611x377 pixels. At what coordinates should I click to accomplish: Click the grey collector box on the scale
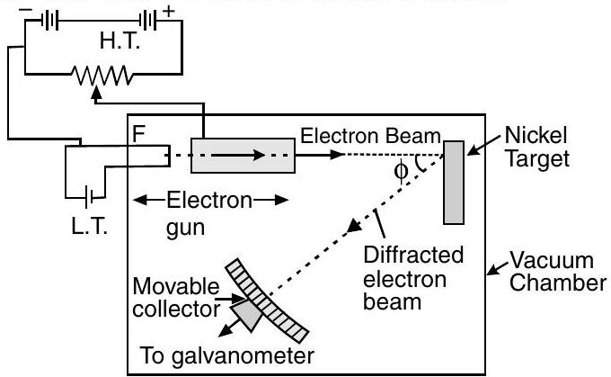[x=244, y=310]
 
